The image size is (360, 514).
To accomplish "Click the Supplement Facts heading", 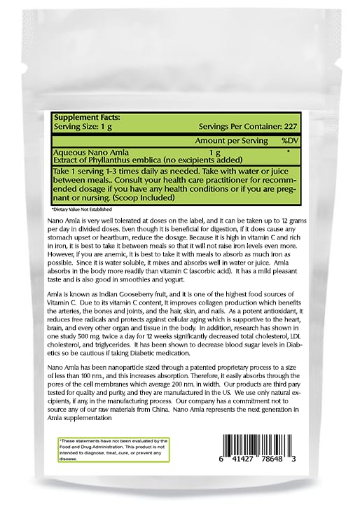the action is click(x=88, y=117).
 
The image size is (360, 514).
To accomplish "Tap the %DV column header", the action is click(x=290, y=140).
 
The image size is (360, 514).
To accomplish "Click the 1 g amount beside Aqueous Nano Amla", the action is click(x=215, y=153).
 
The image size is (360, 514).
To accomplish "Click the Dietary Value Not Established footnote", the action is click(x=81, y=209).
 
